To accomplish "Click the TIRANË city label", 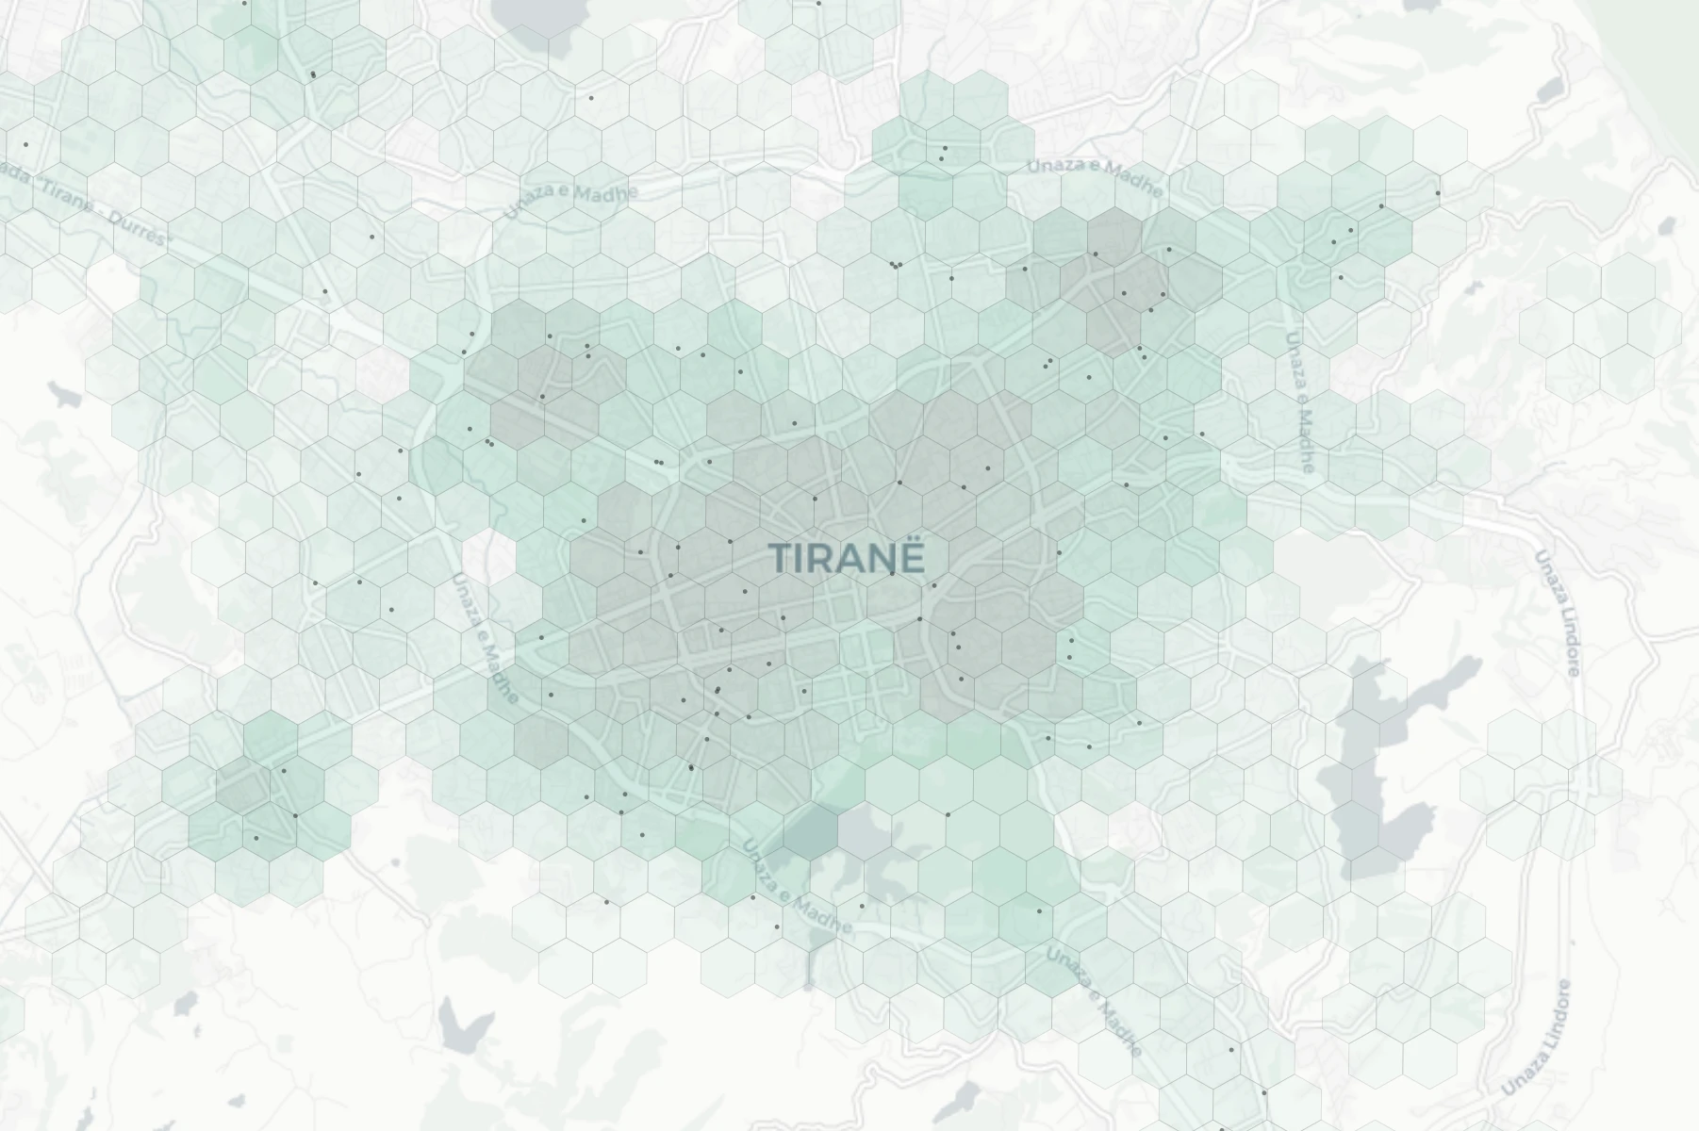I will [x=847, y=557].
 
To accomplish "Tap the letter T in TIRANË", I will [x=779, y=558].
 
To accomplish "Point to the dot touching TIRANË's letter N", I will [x=892, y=572].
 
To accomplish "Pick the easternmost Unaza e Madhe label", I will [x=1299, y=402].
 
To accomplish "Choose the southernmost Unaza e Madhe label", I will [x=1094, y=1001].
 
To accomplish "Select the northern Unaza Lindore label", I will [x=1557, y=614].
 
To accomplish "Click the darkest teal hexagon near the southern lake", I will [x=810, y=829].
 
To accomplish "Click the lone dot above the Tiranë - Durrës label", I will [x=25, y=144].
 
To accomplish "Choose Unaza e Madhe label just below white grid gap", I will [x=485, y=637].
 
